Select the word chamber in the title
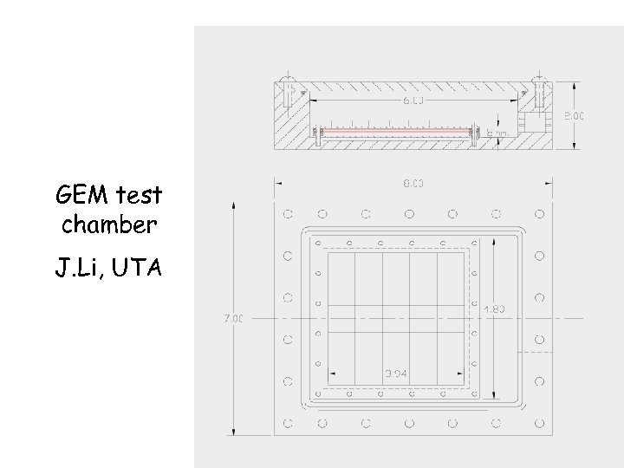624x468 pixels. (x=109, y=225)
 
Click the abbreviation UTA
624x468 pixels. (x=136, y=268)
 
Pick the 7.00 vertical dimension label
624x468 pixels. (x=235, y=318)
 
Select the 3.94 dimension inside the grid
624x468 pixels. (x=395, y=374)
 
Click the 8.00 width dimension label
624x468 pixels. (x=413, y=183)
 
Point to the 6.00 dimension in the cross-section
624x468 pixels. (x=413, y=101)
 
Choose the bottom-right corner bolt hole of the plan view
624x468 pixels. (x=539, y=424)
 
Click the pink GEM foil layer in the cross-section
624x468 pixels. (x=394, y=133)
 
